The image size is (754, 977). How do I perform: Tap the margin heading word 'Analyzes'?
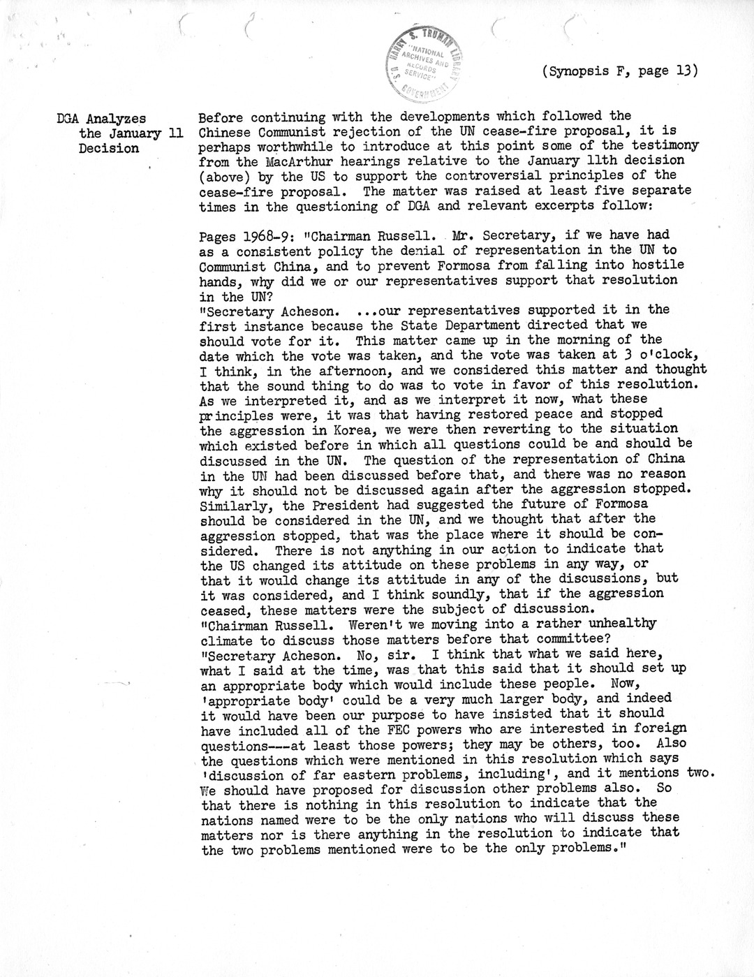114,117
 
